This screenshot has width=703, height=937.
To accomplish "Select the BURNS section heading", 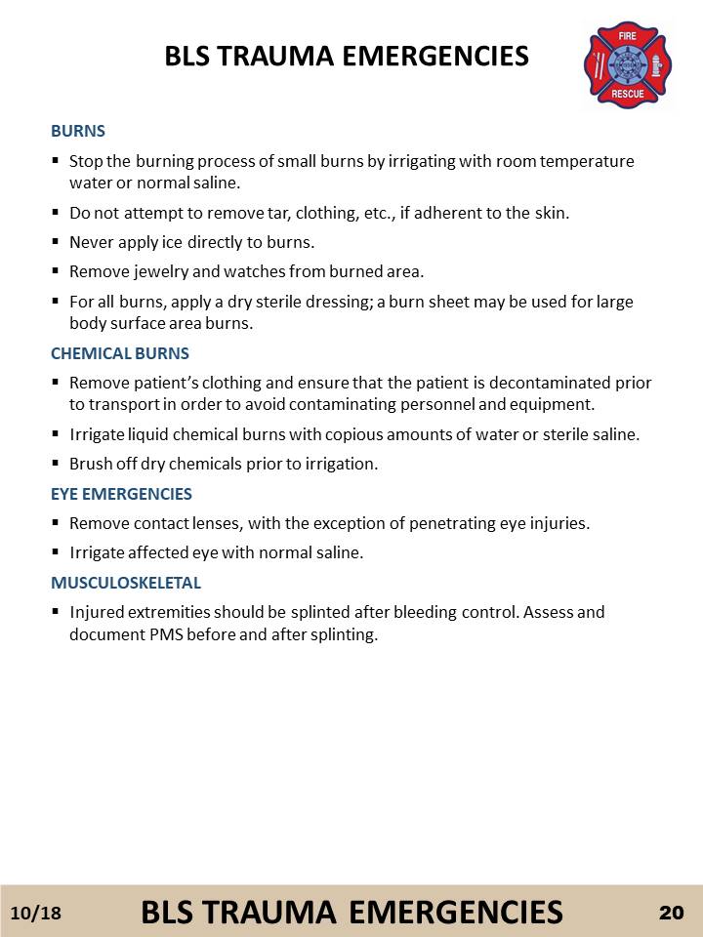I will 78,130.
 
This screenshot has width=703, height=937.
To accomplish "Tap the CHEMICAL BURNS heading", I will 120,352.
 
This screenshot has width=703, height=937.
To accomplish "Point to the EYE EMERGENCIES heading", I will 121,494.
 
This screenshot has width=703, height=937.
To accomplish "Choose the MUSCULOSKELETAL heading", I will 126,583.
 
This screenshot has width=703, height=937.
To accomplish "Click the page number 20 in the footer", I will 671,913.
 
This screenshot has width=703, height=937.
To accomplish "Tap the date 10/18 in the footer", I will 35,913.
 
